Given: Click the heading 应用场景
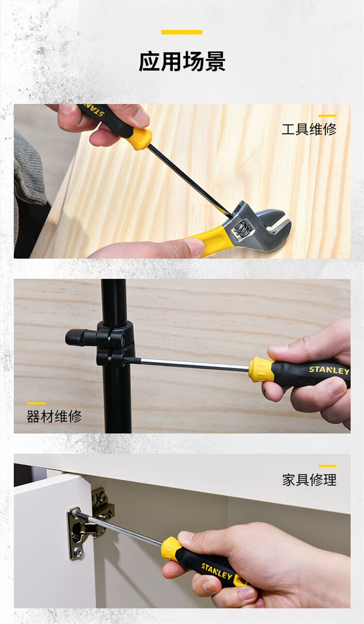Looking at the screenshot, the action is tap(182, 61).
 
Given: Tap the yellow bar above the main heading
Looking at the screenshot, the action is tap(182, 32).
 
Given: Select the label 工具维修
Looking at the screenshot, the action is tap(309, 129).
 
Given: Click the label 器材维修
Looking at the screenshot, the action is tap(54, 417).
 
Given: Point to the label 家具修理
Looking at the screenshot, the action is tap(309, 480).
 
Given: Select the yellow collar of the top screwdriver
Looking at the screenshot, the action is tap(142, 139).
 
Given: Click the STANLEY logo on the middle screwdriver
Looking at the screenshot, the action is tap(329, 370).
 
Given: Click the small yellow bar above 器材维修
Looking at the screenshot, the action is tap(36, 403).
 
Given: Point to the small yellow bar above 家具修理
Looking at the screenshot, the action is tap(328, 466).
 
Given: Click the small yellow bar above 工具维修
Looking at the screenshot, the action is tap(327, 115).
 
